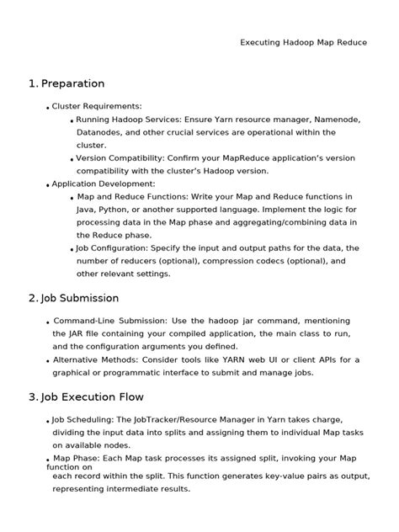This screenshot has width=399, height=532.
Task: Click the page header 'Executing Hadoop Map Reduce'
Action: (x=303, y=42)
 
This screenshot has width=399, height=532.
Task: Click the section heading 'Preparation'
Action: (x=72, y=84)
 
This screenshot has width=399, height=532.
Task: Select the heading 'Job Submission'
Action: (x=80, y=298)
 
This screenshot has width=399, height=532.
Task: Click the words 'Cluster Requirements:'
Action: (x=97, y=106)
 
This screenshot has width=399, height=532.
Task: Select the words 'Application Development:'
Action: (x=104, y=184)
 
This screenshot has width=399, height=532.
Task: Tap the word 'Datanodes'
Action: (x=101, y=132)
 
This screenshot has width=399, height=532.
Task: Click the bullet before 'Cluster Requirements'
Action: (x=47, y=109)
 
